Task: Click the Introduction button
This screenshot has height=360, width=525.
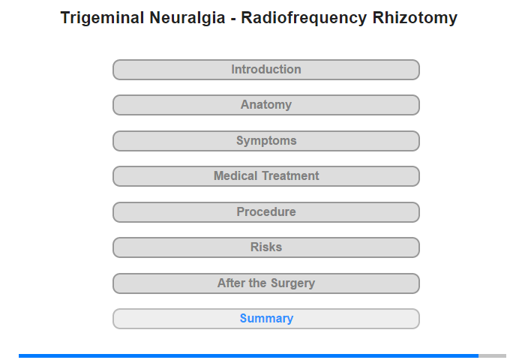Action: point(266,70)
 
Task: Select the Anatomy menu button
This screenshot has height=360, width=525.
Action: point(266,105)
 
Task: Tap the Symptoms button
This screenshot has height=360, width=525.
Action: point(266,141)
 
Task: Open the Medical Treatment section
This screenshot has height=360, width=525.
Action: point(266,176)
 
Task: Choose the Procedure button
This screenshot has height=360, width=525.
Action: point(266,212)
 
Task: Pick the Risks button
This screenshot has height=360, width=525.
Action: point(266,247)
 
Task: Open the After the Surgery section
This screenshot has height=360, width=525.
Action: point(266,283)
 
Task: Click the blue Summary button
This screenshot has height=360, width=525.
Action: point(266,319)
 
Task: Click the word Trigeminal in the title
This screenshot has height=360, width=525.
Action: point(102,18)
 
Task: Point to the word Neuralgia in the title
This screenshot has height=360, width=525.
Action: point(187,18)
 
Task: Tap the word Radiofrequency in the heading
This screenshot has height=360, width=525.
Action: point(304,18)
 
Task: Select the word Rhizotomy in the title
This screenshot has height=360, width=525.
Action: point(415,18)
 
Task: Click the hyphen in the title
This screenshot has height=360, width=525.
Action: point(233,19)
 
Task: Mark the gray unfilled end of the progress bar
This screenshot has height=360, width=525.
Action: point(492,355)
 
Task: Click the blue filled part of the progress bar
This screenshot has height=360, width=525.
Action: point(248,355)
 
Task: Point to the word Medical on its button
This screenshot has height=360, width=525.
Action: point(235,175)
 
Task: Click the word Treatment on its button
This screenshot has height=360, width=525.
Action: point(291,175)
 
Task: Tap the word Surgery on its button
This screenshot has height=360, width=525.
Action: point(292,283)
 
